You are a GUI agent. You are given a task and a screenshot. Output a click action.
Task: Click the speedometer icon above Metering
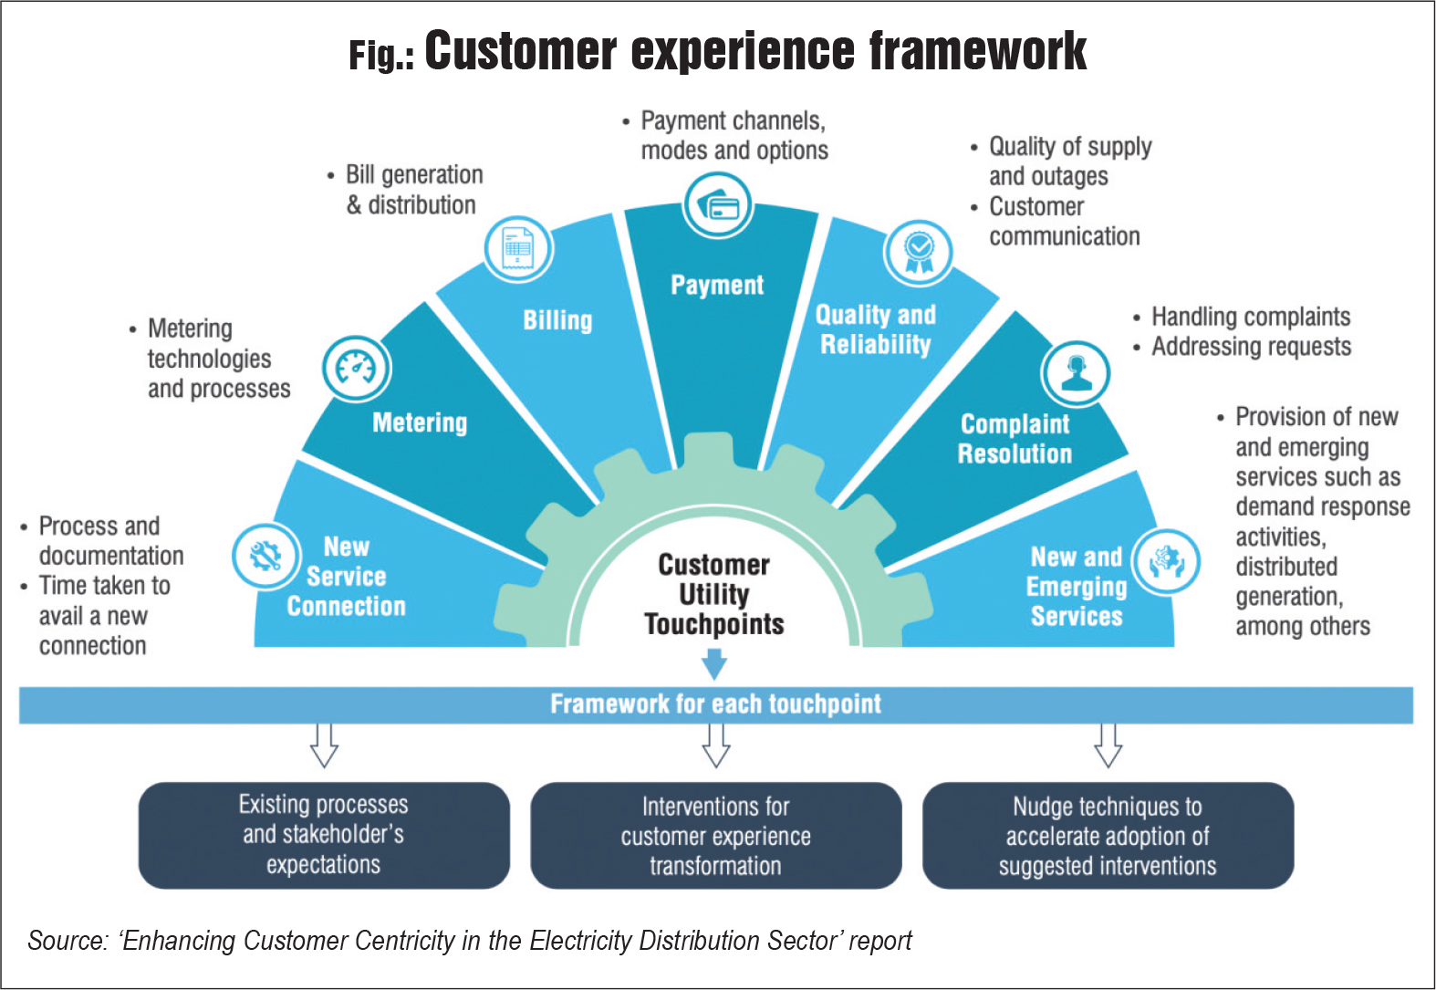[357, 368]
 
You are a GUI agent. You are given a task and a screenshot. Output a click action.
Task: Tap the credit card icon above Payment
[718, 205]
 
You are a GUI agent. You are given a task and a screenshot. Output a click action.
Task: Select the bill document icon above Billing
[517, 248]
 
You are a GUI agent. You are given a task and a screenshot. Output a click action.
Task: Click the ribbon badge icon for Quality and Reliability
[919, 252]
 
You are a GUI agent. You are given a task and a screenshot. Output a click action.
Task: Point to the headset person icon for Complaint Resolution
[1077, 372]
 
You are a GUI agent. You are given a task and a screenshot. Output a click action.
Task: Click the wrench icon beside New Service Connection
[265, 556]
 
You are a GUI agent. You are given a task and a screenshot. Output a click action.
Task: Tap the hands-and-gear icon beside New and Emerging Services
[1166, 561]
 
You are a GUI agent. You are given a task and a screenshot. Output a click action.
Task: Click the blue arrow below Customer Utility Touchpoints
[714, 663]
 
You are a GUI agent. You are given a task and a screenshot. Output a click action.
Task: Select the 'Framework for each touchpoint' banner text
[715, 704]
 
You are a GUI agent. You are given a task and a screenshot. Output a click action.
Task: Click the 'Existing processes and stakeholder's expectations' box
[324, 835]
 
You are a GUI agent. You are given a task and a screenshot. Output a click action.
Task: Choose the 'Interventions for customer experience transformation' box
[715, 835]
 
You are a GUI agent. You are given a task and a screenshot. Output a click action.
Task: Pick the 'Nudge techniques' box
[1108, 835]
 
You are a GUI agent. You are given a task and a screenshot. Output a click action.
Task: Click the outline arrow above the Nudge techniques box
[1108, 745]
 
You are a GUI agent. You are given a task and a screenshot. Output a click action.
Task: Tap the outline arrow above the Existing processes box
[325, 745]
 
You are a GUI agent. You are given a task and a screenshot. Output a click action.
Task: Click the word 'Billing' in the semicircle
[557, 320]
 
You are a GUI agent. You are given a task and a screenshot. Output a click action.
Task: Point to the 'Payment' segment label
[717, 285]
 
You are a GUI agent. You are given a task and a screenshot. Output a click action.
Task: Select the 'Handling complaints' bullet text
[1250, 317]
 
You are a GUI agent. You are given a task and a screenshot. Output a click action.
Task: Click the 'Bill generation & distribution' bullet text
[412, 190]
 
